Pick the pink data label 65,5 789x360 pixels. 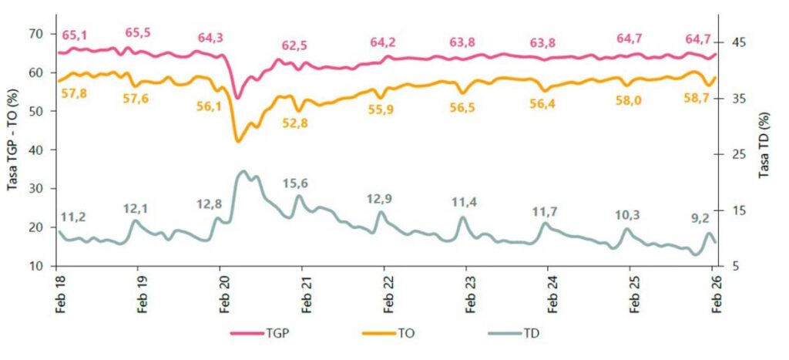(x=139, y=32)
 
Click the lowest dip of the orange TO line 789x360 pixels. (x=237, y=142)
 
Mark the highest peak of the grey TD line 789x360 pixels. (x=243, y=171)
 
